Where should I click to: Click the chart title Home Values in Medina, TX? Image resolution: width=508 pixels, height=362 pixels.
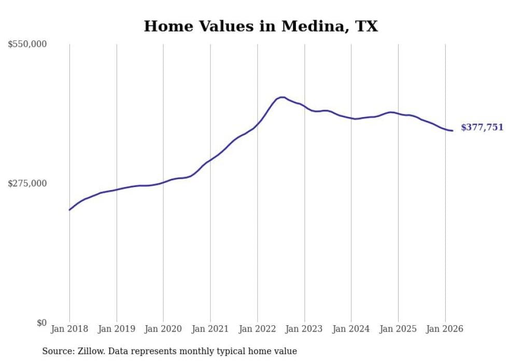point(261,26)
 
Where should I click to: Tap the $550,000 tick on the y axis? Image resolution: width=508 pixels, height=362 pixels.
point(27,45)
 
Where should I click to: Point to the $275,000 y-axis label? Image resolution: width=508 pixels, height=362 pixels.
point(27,183)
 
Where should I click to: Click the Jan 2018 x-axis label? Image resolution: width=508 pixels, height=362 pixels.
point(69,329)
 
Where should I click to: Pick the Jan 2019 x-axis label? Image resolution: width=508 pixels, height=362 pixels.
point(116,329)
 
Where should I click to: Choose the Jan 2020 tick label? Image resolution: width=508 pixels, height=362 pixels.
point(163,329)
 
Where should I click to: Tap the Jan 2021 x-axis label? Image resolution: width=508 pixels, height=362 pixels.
point(210,329)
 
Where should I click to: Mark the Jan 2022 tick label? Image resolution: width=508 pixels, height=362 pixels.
point(257,329)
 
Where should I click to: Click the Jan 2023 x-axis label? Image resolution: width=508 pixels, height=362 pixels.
point(304,329)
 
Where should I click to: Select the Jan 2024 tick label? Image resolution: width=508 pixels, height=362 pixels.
point(351,329)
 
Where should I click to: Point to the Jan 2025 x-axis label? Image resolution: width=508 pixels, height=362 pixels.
point(398,329)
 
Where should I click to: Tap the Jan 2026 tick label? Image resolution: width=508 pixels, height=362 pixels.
point(445,329)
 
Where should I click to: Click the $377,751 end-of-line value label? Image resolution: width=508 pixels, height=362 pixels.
point(482,127)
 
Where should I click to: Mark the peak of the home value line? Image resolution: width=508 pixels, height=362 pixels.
point(281,97)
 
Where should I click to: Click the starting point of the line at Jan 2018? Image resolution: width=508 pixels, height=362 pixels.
point(69,210)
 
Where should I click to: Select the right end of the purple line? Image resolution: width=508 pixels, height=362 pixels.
point(453,131)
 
